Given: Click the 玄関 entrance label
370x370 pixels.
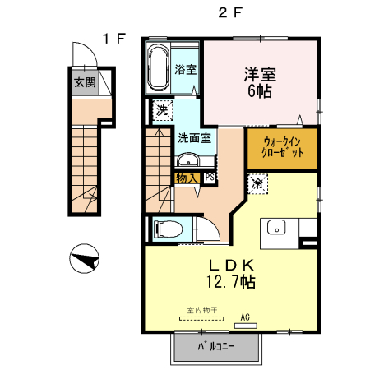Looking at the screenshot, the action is click(x=86, y=82).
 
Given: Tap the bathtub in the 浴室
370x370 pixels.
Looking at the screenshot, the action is click(x=158, y=68).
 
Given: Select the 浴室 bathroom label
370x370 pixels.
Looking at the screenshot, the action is click(x=186, y=69).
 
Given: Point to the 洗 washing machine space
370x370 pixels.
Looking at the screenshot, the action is click(x=163, y=110).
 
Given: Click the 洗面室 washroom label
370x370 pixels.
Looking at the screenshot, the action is click(x=195, y=138).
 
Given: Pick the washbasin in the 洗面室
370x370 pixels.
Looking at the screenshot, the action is click(x=188, y=160).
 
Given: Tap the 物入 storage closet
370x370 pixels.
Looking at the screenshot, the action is click(x=187, y=178).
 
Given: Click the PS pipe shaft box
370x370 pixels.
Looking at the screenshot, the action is click(x=210, y=177).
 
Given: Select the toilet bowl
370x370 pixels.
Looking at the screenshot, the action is click(x=169, y=229).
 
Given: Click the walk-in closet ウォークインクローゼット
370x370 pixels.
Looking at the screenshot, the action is click(x=282, y=149).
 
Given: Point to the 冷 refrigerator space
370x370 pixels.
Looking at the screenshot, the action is click(x=257, y=183).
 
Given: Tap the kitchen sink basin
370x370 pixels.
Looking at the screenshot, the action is click(x=276, y=227).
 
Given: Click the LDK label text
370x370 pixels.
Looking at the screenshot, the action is click(x=232, y=265).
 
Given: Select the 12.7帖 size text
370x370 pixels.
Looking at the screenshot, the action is click(x=231, y=281).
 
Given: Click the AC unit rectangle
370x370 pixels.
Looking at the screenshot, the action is click(x=246, y=326).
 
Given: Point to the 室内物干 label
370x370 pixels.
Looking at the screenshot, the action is click(x=202, y=310).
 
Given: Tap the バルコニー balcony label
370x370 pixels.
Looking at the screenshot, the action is click(x=216, y=346).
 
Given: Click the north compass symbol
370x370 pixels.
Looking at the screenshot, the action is click(x=84, y=258).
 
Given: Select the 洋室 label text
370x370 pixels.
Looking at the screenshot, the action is click(x=260, y=74).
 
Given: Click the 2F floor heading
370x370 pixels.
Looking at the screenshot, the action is click(x=230, y=12).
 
